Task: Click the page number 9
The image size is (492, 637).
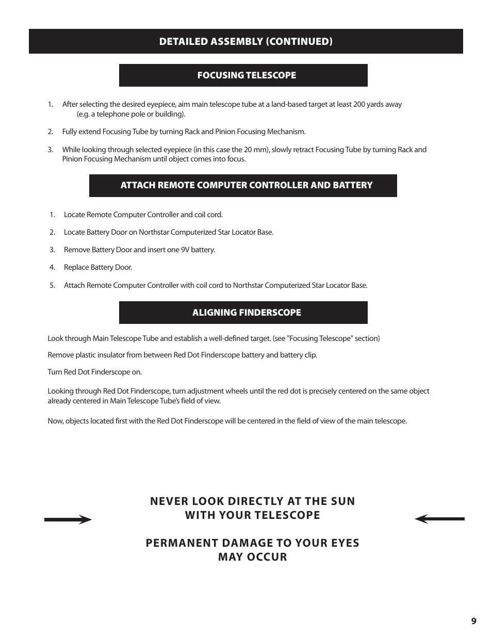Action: coord(473,621)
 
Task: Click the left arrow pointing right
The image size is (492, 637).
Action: coord(68,520)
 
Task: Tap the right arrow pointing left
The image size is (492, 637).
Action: coord(439,519)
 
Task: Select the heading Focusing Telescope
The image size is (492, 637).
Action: coord(247,75)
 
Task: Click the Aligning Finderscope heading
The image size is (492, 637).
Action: coord(247,313)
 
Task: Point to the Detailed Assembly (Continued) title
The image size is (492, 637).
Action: coord(245,41)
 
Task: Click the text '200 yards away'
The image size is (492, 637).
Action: coord(378,104)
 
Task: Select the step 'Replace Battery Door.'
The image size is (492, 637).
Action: coord(98,267)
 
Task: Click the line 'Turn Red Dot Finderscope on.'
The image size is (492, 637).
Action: coord(94,372)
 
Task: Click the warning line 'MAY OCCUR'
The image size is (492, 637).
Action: coord(252,557)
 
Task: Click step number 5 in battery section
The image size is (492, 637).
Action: coord(52,285)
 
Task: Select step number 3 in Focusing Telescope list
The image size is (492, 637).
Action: coord(51,150)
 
